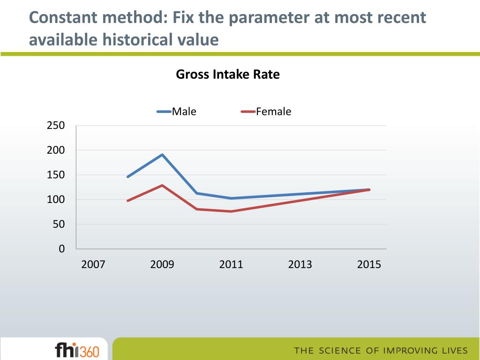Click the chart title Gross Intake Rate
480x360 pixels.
(x=227, y=74)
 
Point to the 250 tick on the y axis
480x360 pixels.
(x=55, y=126)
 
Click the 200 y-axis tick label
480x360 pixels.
(x=55, y=150)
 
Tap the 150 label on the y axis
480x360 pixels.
(x=55, y=175)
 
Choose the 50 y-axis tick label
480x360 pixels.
(x=59, y=225)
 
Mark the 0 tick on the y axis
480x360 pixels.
(x=61, y=249)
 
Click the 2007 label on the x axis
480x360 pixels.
(x=93, y=265)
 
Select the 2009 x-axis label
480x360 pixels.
(x=162, y=265)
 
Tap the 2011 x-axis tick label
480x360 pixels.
(x=231, y=265)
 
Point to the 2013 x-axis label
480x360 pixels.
(x=300, y=265)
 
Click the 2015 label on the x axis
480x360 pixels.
(x=369, y=265)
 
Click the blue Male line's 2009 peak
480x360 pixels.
(x=162, y=155)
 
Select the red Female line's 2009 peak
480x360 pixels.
(x=162, y=185)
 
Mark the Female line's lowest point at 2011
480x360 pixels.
(x=231, y=211)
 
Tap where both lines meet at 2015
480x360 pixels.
(x=369, y=189)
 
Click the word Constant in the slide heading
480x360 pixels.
(x=62, y=18)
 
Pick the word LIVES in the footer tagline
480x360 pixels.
(x=453, y=351)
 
